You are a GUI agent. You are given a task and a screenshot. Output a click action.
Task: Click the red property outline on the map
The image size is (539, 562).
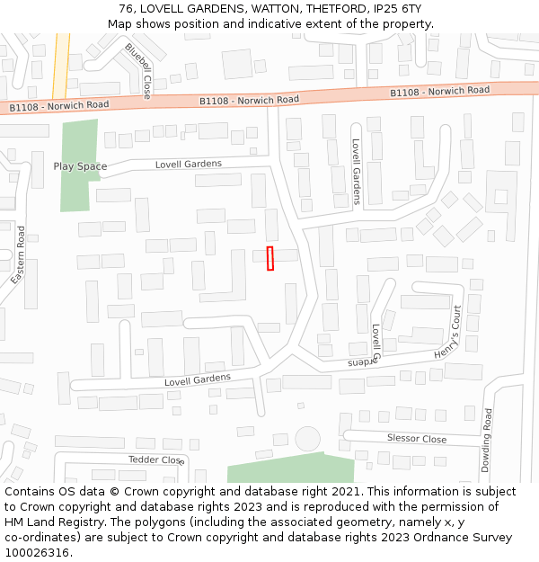(269, 258)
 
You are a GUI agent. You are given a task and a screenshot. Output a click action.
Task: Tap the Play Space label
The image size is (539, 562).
(80, 166)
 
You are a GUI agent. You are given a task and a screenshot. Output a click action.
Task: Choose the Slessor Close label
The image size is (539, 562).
(416, 439)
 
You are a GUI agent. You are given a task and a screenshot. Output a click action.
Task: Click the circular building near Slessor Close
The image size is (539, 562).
(307, 439)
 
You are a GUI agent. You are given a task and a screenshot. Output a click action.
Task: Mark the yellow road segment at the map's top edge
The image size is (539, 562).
(61, 63)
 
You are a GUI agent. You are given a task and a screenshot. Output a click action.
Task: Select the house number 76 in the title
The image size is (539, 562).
(125, 9)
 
